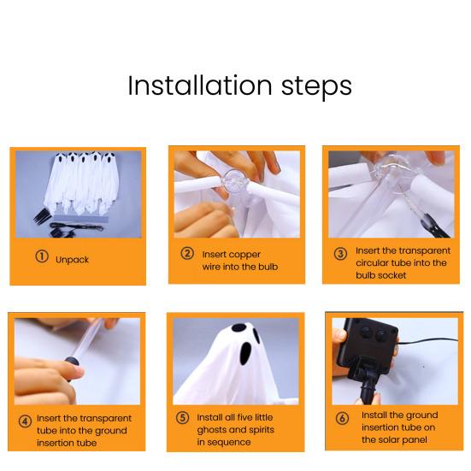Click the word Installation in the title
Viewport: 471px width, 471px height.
(200, 86)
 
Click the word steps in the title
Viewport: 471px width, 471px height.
(316, 88)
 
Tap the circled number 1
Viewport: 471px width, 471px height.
(42, 256)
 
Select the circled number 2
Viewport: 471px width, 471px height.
(187, 253)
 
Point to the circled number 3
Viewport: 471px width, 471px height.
(340, 254)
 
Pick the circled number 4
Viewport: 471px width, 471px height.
(25, 421)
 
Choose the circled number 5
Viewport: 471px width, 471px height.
(182, 418)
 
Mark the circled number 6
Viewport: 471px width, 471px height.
(342, 418)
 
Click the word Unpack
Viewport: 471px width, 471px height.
(72, 260)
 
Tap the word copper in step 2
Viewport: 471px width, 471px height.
(244, 255)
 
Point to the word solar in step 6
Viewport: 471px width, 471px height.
(392, 439)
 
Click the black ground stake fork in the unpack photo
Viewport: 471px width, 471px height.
(41, 216)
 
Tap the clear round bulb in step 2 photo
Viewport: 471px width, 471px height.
(236, 183)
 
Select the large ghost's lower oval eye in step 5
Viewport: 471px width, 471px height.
(245, 354)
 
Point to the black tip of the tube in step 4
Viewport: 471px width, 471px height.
(72, 362)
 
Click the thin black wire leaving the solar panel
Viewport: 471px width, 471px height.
(428, 341)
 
